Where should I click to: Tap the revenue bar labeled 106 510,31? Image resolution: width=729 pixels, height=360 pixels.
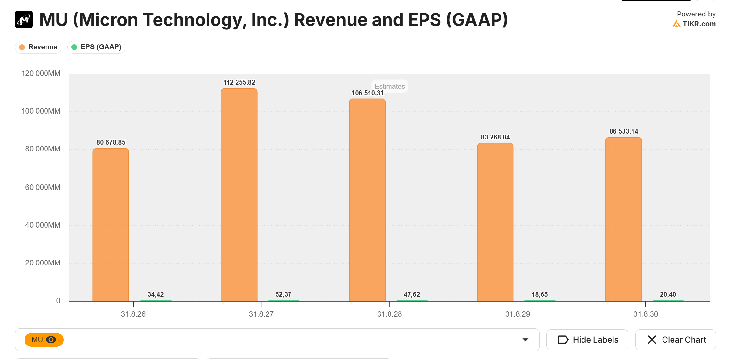[367, 200]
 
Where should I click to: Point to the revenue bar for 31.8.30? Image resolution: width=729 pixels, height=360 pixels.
[623, 219]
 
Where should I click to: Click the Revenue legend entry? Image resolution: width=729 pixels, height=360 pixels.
[38, 47]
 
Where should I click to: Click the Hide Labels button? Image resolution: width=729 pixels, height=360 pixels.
[587, 340]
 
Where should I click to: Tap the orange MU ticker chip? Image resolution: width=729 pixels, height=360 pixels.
[44, 340]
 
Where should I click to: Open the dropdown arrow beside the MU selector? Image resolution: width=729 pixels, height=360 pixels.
[525, 340]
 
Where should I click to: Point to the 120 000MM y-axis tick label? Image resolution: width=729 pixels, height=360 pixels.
[41, 73]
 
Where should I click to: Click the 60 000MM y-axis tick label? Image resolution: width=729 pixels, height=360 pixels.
[43, 187]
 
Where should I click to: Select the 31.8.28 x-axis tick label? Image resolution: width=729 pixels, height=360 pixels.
[389, 314]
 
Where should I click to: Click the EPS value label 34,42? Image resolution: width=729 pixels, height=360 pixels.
[156, 294]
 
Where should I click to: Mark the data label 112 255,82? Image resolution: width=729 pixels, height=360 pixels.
[239, 82]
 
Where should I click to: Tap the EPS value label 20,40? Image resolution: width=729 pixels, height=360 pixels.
[668, 294]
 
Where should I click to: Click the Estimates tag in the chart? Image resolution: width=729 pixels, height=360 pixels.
[390, 86]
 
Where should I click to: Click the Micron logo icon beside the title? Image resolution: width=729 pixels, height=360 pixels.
[24, 20]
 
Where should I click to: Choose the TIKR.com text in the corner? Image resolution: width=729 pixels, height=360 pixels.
[699, 24]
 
